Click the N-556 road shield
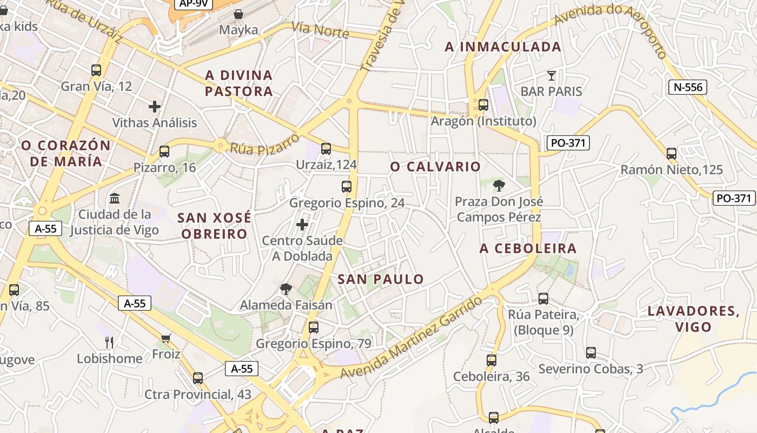pyautogui.click(x=687, y=87)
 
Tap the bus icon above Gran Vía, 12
pyautogui.click(x=96, y=70)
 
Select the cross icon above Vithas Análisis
pyautogui.click(x=155, y=107)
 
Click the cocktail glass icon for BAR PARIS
pyautogui.click(x=552, y=75)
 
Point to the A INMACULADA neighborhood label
pyautogui.click(x=503, y=47)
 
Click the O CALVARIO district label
pyautogui.click(x=435, y=167)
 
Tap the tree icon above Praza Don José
pyautogui.click(x=499, y=186)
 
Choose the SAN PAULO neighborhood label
pyautogui.click(x=381, y=279)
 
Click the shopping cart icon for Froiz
pyautogui.click(x=166, y=338)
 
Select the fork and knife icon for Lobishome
pyautogui.click(x=109, y=342)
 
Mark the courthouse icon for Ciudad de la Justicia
pyautogui.click(x=115, y=199)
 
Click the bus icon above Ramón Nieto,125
pyautogui.click(x=672, y=154)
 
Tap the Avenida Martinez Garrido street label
pyautogui.click(x=411, y=338)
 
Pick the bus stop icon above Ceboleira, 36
pyautogui.click(x=491, y=360)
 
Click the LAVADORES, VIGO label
pyautogui.click(x=693, y=319)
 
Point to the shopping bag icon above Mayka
pyautogui.click(x=238, y=14)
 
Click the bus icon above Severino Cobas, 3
pyautogui.click(x=591, y=353)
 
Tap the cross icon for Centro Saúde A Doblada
pyautogui.click(x=302, y=224)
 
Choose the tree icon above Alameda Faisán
pyautogui.click(x=285, y=289)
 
